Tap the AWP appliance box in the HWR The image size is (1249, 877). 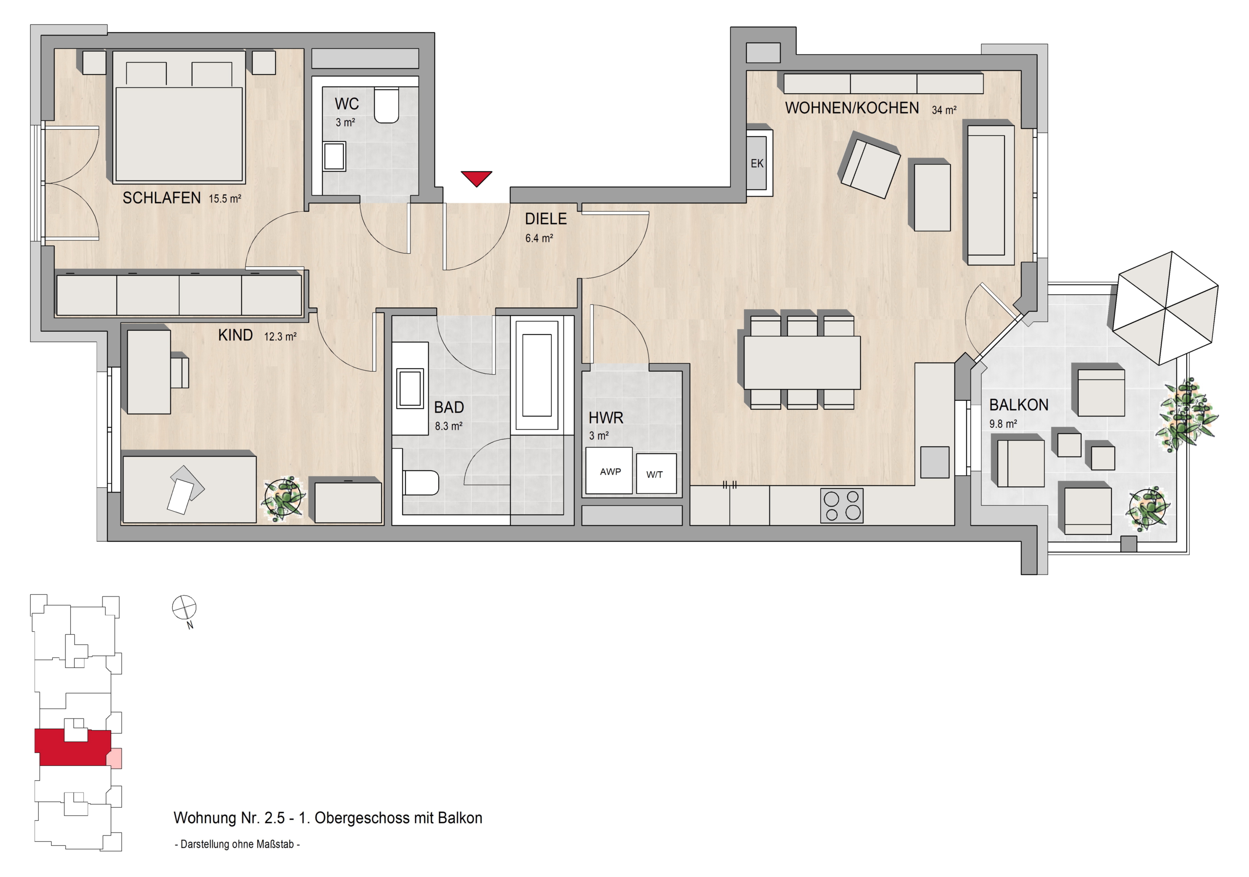[x=609, y=470]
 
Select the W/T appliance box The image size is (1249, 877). [x=656, y=474]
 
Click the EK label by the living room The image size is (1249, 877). [x=757, y=163]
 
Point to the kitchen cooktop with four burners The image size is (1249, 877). [x=842, y=506]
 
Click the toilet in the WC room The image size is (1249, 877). [x=386, y=106]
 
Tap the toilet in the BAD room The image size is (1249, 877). [x=421, y=483]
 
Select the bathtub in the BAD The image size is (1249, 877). [x=537, y=375]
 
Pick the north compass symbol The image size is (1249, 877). [x=184, y=608]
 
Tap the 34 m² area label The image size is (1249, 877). [x=944, y=110]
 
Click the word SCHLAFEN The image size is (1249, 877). [x=161, y=198]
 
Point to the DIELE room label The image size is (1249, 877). [x=545, y=219]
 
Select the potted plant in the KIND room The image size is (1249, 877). [x=283, y=498]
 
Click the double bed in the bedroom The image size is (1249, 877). [x=179, y=117]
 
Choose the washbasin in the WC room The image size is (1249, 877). [x=335, y=157]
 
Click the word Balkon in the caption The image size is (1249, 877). [x=460, y=818]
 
